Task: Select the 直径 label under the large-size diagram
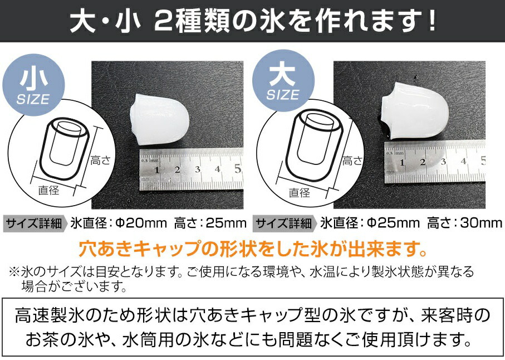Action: coord(300,193)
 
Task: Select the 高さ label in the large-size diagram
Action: coord(352,161)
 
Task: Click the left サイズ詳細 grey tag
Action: coord(36,224)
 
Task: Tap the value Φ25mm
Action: coord(393,224)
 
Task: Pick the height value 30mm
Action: coord(482,224)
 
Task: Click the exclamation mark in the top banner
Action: coord(429,23)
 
